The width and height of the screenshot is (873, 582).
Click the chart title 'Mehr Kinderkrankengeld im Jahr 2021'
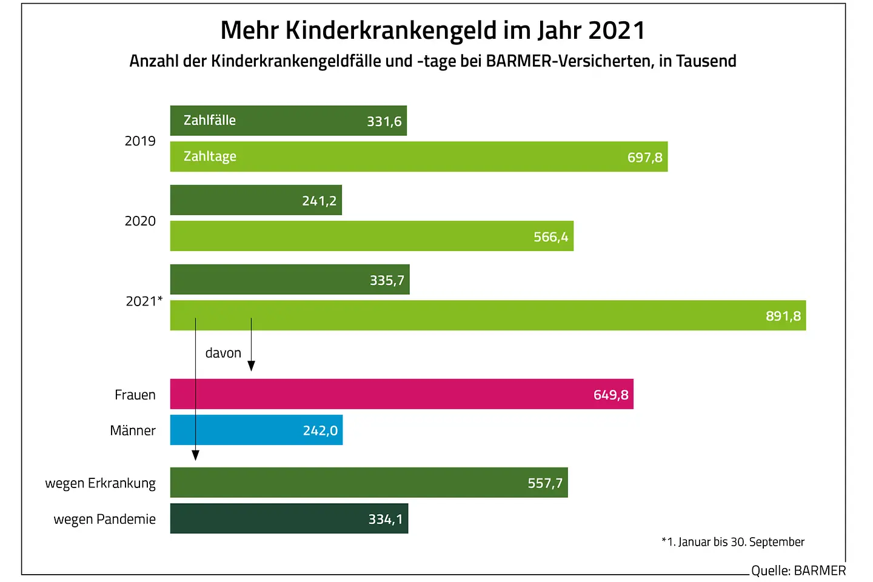pos(433,30)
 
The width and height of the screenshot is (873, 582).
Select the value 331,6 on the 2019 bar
pos(384,121)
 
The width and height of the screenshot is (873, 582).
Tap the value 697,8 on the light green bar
pos(644,158)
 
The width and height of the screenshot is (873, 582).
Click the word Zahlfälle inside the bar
pos(210,120)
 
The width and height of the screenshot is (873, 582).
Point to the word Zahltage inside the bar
pos(210,156)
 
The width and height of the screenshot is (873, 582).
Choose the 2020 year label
pos(140,221)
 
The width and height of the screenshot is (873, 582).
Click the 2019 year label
pos(140,141)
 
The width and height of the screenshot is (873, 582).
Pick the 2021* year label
pos(144,301)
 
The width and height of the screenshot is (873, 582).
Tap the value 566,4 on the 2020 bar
pos(550,237)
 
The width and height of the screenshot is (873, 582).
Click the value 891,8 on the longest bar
pos(783,316)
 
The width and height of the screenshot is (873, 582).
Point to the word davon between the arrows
pos(223,353)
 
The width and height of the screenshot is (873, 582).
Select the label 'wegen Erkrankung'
pos(101,483)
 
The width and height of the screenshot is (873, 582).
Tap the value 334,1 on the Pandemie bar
pos(385,519)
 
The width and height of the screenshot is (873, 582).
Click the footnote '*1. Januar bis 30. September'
pos(733,542)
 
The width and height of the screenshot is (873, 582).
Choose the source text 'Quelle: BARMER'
pos(798,570)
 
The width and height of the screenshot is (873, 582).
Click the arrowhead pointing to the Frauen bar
pos(251,366)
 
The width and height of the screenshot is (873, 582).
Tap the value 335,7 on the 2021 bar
pos(387,280)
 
